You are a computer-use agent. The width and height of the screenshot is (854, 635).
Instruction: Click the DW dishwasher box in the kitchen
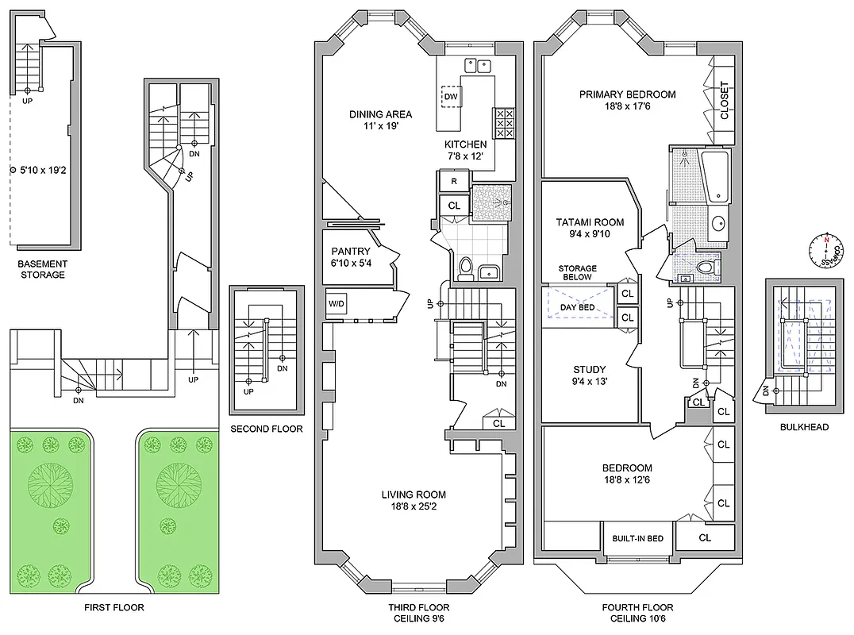coord(451,97)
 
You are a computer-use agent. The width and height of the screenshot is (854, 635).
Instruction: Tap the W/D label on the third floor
coord(337,303)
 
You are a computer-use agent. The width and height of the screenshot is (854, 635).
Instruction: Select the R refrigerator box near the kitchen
coord(453,181)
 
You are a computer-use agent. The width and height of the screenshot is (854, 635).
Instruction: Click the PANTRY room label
coord(351,252)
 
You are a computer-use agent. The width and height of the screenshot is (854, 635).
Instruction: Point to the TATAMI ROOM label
coord(589,222)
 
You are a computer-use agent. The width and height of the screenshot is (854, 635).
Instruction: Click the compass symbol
coord(826,248)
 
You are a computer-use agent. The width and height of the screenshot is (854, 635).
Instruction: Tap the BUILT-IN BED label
coord(637,538)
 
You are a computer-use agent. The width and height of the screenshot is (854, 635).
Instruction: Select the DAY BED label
coord(577,307)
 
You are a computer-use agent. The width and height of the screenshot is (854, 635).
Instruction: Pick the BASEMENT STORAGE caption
coord(44,269)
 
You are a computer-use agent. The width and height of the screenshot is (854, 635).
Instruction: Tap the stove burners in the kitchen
coord(504,124)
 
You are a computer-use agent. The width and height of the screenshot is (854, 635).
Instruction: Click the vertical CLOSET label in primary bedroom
coord(723,101)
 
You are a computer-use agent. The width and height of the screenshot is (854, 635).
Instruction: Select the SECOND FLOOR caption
coord(266,429)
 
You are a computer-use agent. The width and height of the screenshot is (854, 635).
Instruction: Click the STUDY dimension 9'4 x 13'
coord(589,382)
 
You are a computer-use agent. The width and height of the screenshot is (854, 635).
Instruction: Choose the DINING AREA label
coord(380,114)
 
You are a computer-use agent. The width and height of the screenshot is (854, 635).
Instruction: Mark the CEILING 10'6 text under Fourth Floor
coord(637,618)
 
